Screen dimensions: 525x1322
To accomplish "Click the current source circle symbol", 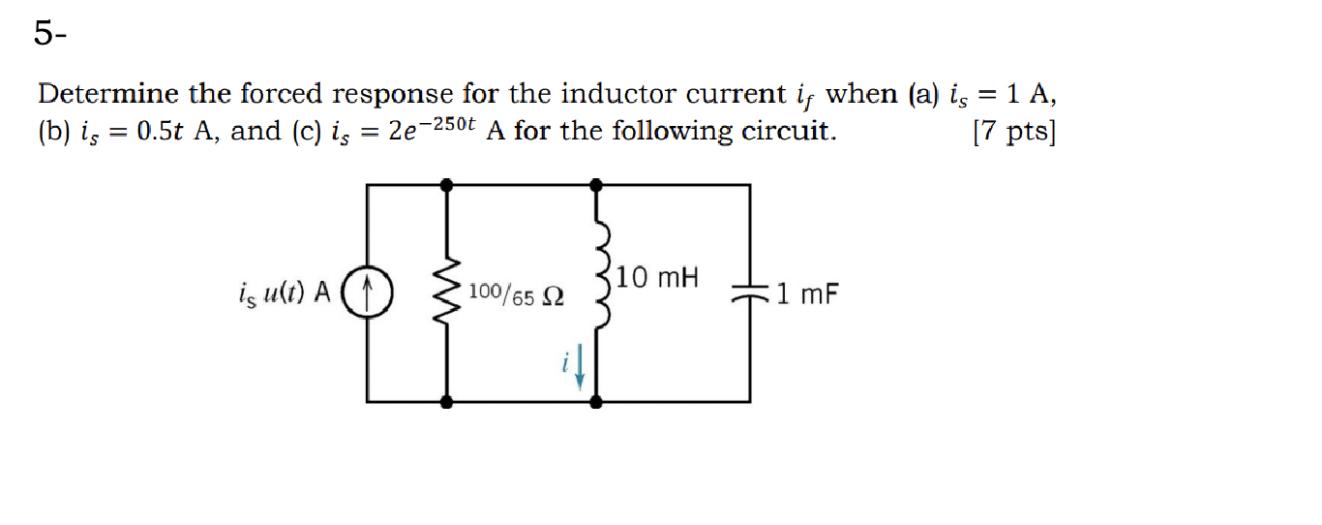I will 367,291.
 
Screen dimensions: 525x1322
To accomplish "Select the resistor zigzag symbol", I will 446,291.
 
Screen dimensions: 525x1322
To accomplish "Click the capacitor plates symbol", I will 750,291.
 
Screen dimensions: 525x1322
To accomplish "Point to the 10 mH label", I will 657,278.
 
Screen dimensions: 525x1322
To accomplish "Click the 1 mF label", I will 805,292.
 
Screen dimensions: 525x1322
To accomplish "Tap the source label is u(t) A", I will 284,292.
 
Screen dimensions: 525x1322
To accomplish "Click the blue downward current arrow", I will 580,368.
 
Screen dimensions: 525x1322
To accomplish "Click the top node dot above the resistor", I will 446,182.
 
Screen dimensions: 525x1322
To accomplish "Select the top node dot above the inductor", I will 598,182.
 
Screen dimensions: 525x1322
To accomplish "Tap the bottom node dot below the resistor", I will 446,400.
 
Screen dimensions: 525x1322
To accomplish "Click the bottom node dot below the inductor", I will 598,400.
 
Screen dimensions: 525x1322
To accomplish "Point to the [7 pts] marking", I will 1013,131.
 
